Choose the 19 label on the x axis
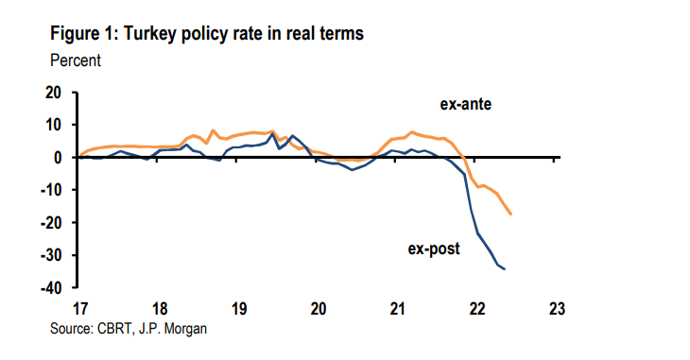239,308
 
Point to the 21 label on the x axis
398,308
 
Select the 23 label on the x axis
557,308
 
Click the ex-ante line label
467,103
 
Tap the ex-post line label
434,249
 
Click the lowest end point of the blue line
504,269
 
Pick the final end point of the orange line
511,214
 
